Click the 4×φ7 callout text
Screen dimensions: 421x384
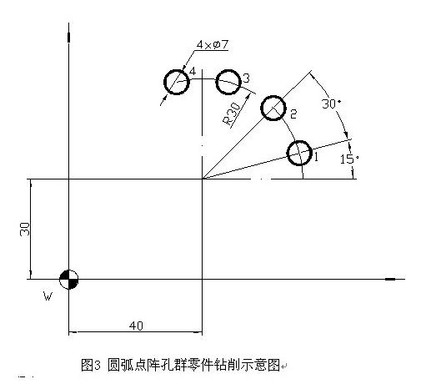click(x=213, y=45)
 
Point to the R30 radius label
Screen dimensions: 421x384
click(x=232, y=114)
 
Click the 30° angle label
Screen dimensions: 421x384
click(x=331, y=104)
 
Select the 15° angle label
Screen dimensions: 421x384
click(x=349, y=159)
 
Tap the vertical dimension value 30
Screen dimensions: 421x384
click(x=25, y=229)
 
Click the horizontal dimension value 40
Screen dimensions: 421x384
click(x=136, y=326)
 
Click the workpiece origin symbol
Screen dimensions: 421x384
click(x=69, y=279)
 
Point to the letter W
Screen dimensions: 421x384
click(x=48, y=296)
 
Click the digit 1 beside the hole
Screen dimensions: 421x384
click(x=316, y=157)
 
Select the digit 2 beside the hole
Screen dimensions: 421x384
click(x=293, y=114)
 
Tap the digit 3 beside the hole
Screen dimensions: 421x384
click(x=246, y=78)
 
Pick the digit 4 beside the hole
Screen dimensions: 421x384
click(x=193, y=72)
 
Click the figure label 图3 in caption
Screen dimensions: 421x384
click(x=90, y=365)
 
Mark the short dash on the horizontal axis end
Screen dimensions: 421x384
click(x=389, y=279)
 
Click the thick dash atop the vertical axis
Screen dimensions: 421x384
click(x=68, y=38)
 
